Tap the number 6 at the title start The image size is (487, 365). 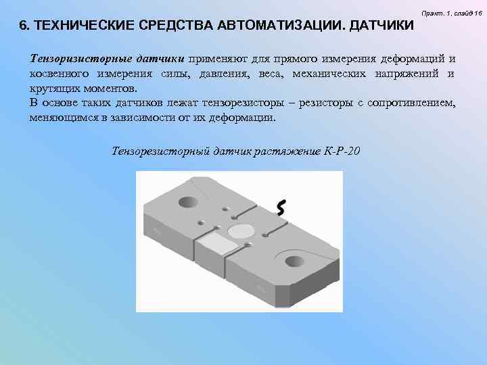(23, 26)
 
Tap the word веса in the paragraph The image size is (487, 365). (271, 74)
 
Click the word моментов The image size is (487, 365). (108, 89)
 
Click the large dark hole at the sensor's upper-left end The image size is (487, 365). (187, 201)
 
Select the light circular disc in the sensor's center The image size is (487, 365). (239, 232)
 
